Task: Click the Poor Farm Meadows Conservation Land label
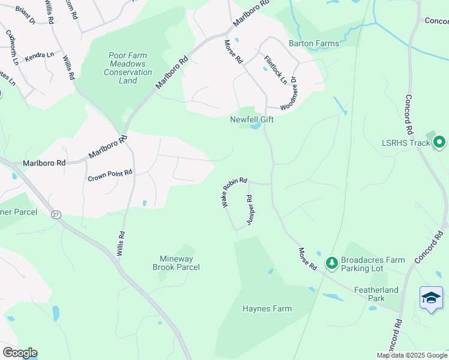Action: (x=128, y=68)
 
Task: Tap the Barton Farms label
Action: (x=314, y=43)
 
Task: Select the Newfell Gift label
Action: (x=252, y=119)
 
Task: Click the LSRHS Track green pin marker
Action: (x=439, y=143)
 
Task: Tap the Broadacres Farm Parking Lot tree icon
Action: (x=331, y=263)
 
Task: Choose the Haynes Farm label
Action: (x=267, y=309)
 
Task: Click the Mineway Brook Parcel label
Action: (x=176, y=263)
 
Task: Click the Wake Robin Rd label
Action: (x=234, y=192)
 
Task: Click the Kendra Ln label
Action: (x=40, y=55)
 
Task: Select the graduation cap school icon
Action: (x=431, y=298)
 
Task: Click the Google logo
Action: (x=19, y=353)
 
